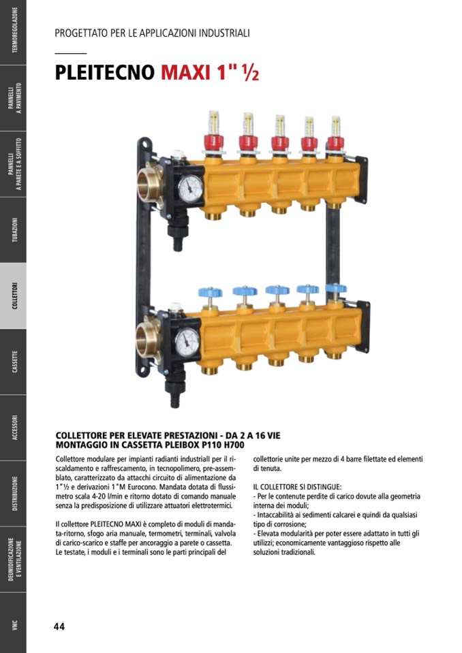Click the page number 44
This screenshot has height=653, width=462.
point(59,626)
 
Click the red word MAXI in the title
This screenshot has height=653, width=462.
point(185,72)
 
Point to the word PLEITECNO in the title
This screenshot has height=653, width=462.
point(104,72)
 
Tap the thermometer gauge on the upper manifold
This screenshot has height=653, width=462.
point(190,188)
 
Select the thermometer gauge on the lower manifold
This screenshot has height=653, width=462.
point(187,343)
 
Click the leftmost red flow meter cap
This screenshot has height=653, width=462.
point(213,142)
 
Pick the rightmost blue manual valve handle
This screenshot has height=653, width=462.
point(336,288)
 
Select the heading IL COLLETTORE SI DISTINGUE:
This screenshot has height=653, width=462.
point(298,486)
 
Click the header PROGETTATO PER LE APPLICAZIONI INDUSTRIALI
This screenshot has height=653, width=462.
point(152,33)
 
